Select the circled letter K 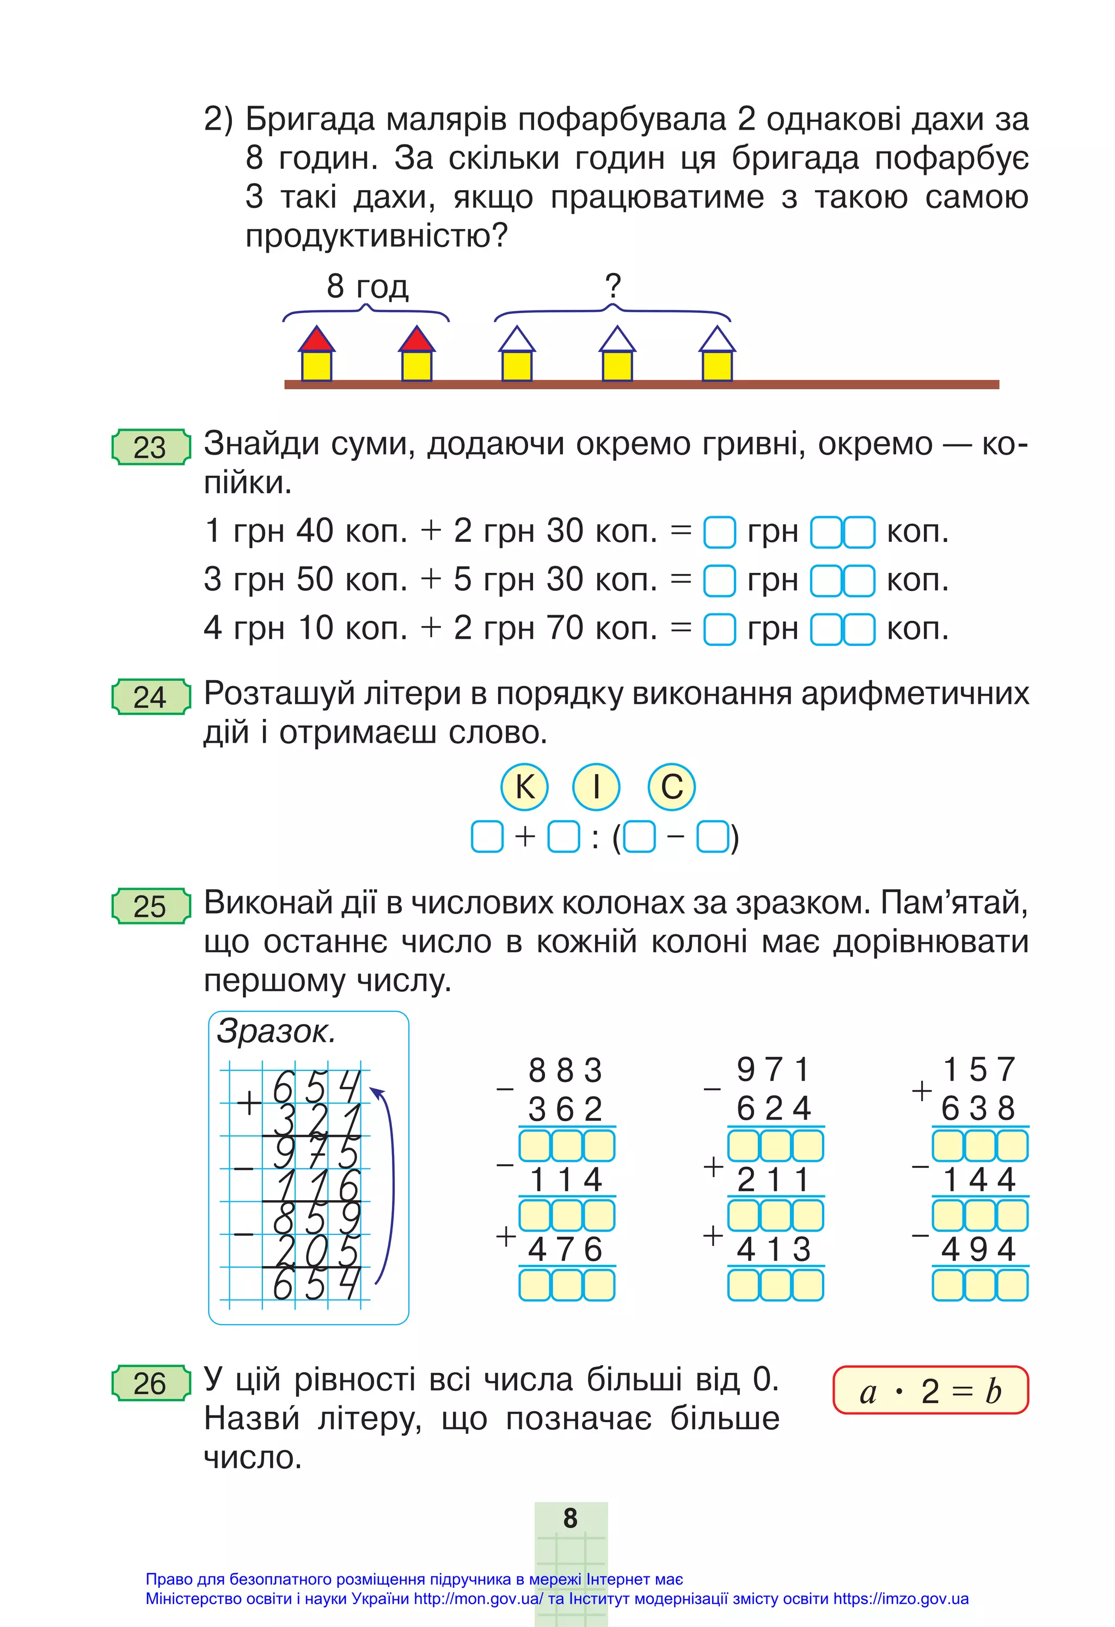(524, 786)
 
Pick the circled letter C (671, 786)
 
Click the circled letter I (596, 786)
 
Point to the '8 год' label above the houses (367, 286)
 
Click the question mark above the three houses (612, 286)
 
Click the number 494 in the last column (978, 1249)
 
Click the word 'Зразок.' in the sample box (276, 1031)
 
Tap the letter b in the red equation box (993, 1392)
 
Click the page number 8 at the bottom (571, 1519)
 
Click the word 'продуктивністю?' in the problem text (377, 236)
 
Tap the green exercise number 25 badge (150, 906)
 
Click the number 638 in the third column (978, 1108)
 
